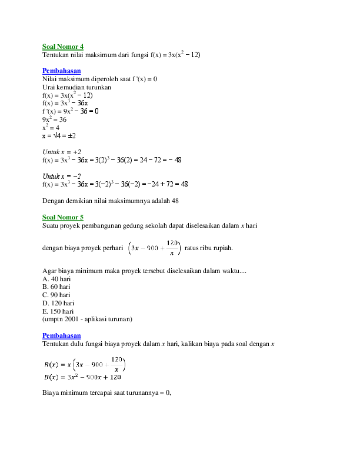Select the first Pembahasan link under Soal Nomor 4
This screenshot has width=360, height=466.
(x=61, y=71)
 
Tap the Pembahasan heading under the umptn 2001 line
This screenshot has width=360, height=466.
(x=61, y=335)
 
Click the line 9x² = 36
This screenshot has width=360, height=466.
(x=55, y=119)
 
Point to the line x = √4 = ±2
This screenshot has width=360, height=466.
(x=59, y=135)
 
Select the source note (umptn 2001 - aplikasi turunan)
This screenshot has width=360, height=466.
(x=88, y=319)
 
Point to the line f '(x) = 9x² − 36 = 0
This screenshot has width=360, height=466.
(x=70, y=111)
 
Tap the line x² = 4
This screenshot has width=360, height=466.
(x=52, y=127)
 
